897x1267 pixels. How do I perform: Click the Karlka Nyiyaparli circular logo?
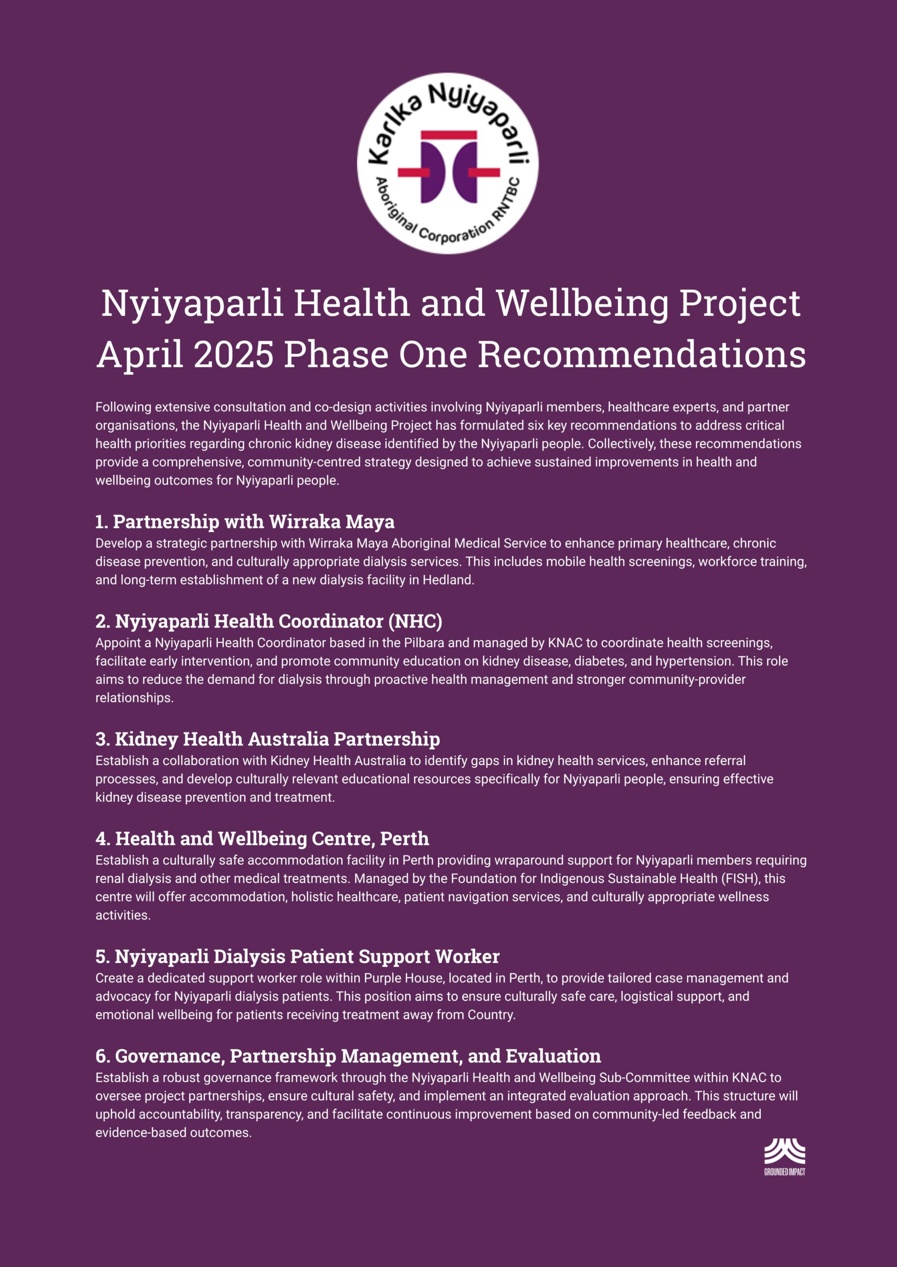(448, 164)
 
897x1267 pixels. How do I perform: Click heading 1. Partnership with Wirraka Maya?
(245, 522)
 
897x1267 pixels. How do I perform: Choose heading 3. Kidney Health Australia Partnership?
(267, 739)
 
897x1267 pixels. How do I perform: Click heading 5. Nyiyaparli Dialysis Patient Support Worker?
(297, 956)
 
